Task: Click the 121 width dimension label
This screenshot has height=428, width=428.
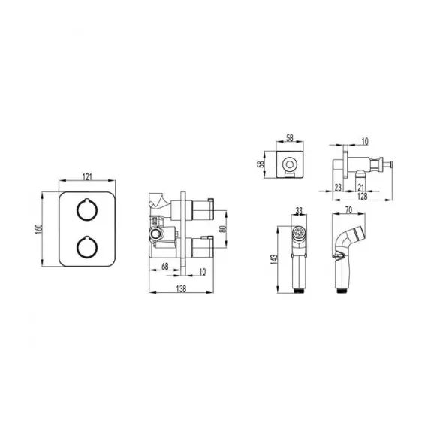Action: [x=87, y=177]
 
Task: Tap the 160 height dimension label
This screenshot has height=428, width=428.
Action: [x=38, y=229]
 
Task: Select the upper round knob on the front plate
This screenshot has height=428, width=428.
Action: [x=87, y=209]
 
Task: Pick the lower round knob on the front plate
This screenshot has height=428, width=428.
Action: [x=87, y=247]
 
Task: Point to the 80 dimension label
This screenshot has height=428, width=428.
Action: [x=223, y=229]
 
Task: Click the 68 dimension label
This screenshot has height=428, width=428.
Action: [x=165, y=266]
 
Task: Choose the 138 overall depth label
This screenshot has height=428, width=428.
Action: [x=181, y=289]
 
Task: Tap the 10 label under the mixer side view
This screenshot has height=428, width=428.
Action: [x=203, y=272]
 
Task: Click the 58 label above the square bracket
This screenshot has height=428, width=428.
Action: [x=290, y=138]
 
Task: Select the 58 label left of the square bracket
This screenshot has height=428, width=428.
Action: [x=261, y=164]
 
